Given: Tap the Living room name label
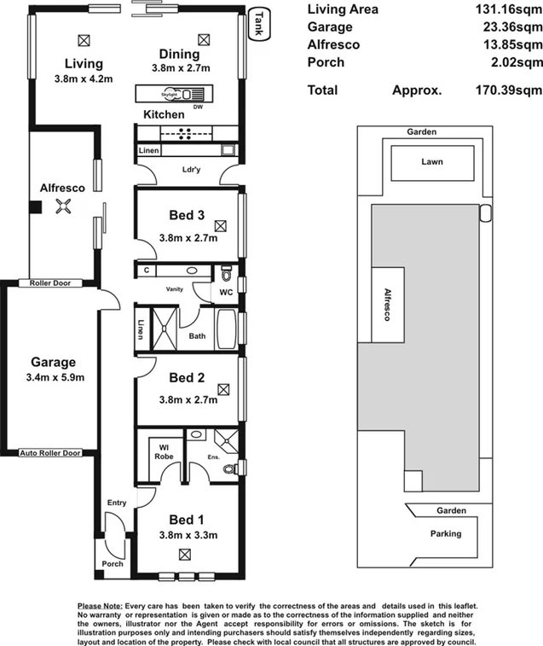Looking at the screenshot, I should tap(83, 64).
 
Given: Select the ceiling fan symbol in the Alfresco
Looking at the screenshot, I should tap(61, 206).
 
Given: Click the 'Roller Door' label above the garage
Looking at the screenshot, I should tap(49, 282).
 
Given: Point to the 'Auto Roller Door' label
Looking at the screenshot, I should tap(49, 453).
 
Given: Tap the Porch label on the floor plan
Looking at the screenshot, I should tap(112, 563).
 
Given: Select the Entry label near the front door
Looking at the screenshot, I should tap(116, 503).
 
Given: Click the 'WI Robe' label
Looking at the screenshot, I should tap(165, 451).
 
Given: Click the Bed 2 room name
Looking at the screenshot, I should tap(186, 378).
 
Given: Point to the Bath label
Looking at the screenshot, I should tap(197, 336).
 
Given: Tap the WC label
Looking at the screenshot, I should tap(225, 294).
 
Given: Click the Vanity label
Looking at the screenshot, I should tap(175, 289).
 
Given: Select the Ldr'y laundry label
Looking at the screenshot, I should tap(192, 168).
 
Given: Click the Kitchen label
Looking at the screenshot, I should tap(163, 114).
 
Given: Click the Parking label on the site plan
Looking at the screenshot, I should tap(446, 533).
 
